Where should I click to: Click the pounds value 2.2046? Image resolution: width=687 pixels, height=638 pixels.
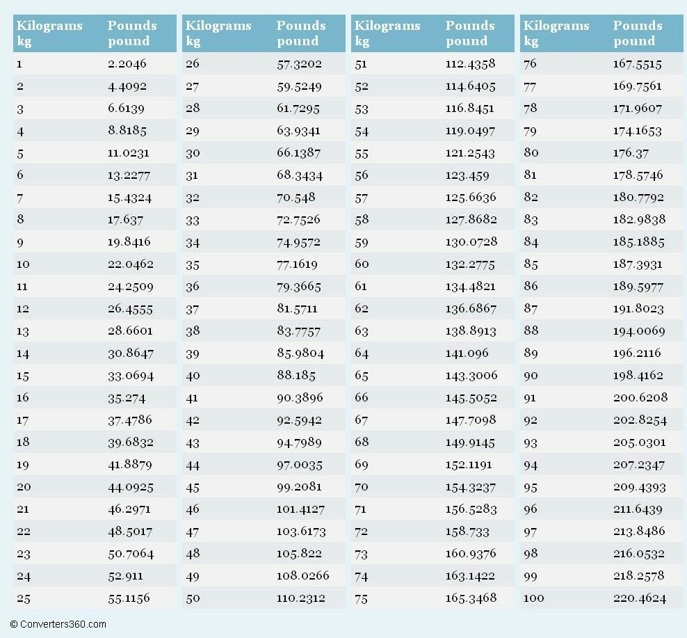pyautogui.click(x=127, y=64)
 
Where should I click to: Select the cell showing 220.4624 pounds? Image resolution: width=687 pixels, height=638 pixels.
pyautogui.click(x=639, y=598)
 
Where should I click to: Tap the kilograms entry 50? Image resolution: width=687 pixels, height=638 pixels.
pyautogui.click(x=193, y=598)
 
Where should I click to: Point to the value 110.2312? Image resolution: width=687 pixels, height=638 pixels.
pyautogui.click(x=302, y=598)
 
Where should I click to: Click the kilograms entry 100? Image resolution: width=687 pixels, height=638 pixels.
pyautogui.click(x=534, y=598)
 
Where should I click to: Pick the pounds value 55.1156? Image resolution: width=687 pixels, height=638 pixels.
pyautogui.click(x=129, y=598)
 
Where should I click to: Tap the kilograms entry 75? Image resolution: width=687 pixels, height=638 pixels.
pyautogui.click(x=361, y=598)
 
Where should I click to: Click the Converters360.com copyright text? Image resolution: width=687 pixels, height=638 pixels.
pyautogui.click(x=58, y=624)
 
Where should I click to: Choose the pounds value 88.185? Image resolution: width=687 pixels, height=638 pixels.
pyautogui.click(x=296, y=376)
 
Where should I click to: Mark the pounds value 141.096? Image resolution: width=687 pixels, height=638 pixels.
pyautogui.click(x=467, y=353)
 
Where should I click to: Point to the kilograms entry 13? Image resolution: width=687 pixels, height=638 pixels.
pyautogui.click(x=23, y=331)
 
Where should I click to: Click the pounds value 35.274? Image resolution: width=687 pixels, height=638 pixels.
pyautogui.click(x=126, y=398)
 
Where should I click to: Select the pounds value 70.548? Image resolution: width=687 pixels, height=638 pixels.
pyautogui.click(x=296, y=198)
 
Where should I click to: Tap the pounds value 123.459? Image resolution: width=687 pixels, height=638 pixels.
pyautogui.click(x=467, y=175)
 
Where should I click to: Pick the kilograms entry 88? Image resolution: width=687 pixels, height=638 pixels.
pyautogui.click(x=531, y=331)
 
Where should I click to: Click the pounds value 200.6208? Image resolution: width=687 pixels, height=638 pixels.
pyautogui.click(x=640, y=398)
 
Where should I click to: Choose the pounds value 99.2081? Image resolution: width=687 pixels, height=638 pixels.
pyautogui.click(x=300, y=487)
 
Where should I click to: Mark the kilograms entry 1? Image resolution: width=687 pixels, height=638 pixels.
pyautogui.click(x=19, y=64)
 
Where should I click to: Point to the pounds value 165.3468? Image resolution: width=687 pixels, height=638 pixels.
pyautogui.click(x=471, y=598)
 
